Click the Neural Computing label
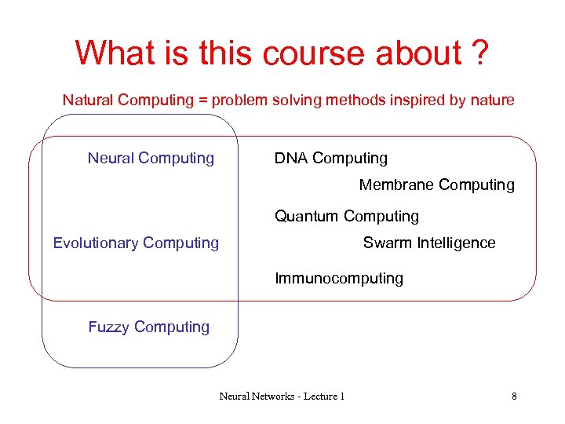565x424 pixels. point(151,158)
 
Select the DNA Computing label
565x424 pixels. point(330,158)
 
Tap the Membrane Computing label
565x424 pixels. point(436,185)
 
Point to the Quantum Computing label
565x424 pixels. point(346,216)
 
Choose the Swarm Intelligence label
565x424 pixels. point(428,243)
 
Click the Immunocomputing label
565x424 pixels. point(338,278)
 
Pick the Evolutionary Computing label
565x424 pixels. point(136,243)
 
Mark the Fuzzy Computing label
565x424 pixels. point(148,327)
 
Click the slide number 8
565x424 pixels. point(514,396)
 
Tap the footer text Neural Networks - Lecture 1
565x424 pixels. point(281,396)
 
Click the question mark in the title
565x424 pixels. point(480,53)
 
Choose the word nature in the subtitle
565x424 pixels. point(491,100)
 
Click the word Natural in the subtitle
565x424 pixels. point(88,100)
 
